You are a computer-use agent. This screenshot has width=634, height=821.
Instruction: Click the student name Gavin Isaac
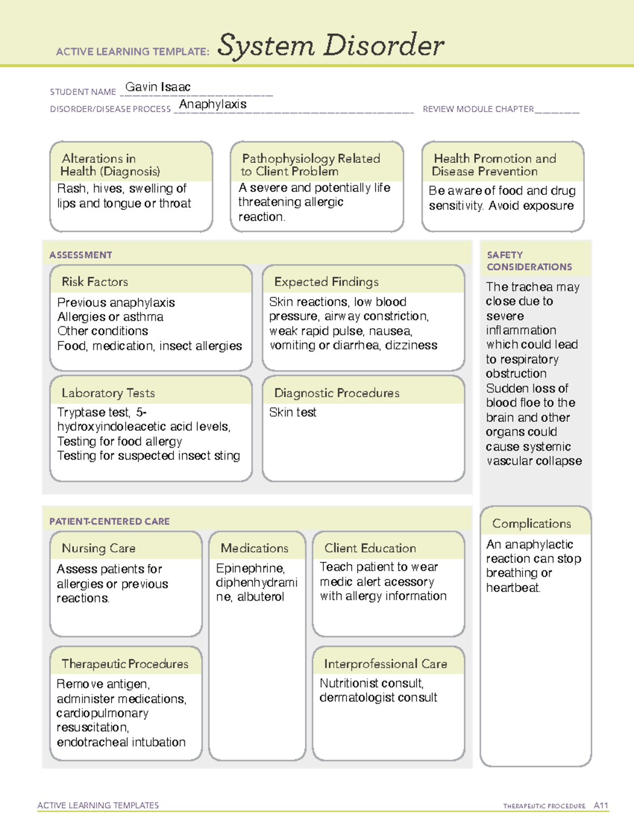[157, 87]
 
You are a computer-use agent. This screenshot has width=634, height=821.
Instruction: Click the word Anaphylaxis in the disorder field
[212, 104]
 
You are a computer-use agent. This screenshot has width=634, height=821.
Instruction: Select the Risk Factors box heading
[95, 282]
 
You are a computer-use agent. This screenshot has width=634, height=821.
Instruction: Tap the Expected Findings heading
[326, 282]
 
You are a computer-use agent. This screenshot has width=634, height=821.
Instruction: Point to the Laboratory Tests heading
[108, 393]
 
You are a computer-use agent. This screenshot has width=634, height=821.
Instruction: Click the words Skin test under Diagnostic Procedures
[293, 412]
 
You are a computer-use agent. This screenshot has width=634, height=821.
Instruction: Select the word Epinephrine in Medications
[250, 568]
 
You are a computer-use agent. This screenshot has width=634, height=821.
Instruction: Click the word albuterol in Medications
[260, 597]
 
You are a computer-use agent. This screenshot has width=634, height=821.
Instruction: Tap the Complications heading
[531, 523]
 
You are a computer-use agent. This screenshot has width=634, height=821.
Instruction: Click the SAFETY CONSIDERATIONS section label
[529, 261]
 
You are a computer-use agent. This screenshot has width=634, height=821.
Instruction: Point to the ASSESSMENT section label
[80, 255]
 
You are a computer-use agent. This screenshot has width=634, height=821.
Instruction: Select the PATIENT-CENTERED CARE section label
[109, 521]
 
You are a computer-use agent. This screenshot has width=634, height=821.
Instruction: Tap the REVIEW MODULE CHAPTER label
[478, 109]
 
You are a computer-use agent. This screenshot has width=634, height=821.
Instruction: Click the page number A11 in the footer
[601, 805]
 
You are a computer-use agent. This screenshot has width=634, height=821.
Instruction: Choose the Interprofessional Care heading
[385, 663]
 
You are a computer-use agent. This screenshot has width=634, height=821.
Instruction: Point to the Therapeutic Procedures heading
[125, 663]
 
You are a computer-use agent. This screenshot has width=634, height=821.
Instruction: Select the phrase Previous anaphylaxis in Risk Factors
[116, 302]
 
